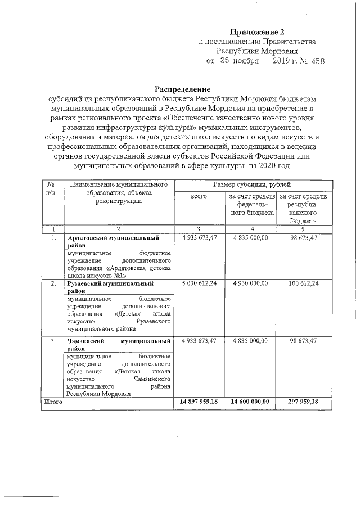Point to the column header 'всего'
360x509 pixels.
pyautogui.click(x=199, y=196)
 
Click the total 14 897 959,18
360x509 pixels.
pyautogui.click(x=199, y=402)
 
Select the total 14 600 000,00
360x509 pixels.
pyautogui.click(x=251, y=402)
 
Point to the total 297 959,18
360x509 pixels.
pyautogui.click(x=304, y=402)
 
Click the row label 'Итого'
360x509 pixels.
pyautogui.click(x=53, y=402)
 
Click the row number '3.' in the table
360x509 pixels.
pyautogui.click(x=52, y=341)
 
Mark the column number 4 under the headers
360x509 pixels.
pyautogui.click(x=253, y=229)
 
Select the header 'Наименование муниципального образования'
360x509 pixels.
pyautogui.click(x=118, y=189)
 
